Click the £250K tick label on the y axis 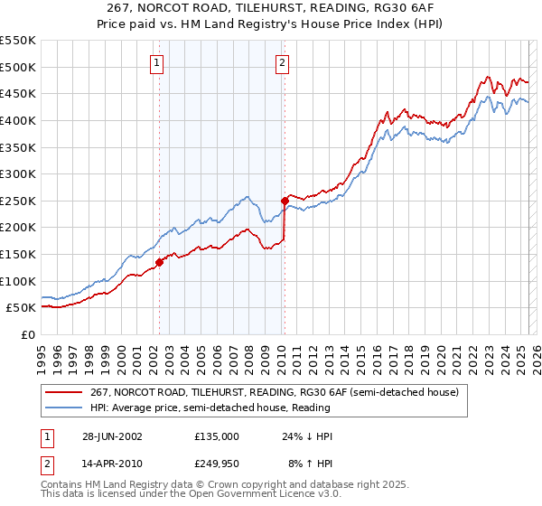pyautogui.click(x=18, y=201)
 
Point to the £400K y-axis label pyautogui.click(x=18, y=120)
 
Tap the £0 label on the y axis pyautogui.click(x=27, y=334)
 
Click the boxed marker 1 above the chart pyautogui.click(x=157, y=63)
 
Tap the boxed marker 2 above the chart pyautogui.click(x=283, y=63)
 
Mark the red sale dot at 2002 pyautogui.click(x=159, y=262)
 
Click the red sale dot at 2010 pyautogui.click(x=285, y=201)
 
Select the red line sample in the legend pyautogui.click(x=65, y=392)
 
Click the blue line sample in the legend pyautogui.click(x=65, y=408)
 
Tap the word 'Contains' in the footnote pyautogui.click(x=63, y=485)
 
